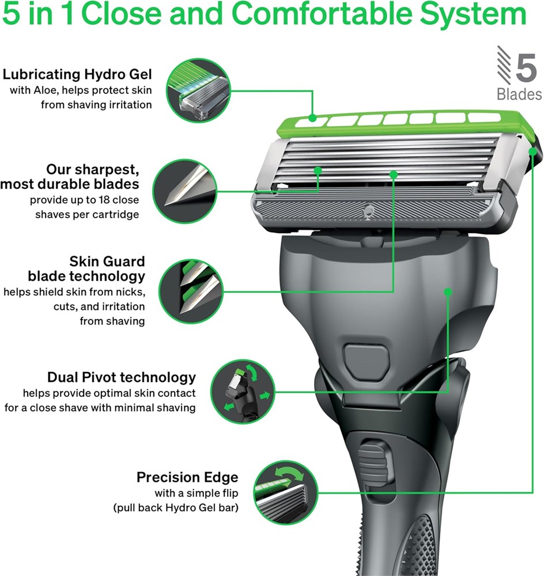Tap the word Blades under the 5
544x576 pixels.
point(519,94)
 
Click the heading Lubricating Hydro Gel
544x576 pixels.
point(77,74)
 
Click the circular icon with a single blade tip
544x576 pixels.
point(184,191)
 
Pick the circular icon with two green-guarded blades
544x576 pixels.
point(192,292)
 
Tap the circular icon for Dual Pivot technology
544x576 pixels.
point(243,392)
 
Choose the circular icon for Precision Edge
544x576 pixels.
point(286,492)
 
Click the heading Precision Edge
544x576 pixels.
point(187,477)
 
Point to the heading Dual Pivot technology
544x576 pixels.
point(122,377)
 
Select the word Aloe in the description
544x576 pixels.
point(45,90)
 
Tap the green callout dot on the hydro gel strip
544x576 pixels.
point(312,118)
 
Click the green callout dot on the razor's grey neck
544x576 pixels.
point(448,292)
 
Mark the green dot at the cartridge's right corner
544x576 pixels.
point(533,151)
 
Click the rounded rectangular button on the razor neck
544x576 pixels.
point(367,357)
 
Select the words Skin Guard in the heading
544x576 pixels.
point(107,262)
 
